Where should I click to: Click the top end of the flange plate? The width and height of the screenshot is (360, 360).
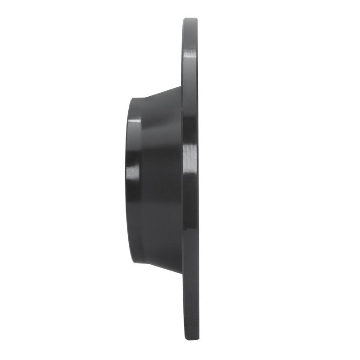point(190,19)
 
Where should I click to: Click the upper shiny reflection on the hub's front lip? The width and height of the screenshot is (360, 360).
point(133,122)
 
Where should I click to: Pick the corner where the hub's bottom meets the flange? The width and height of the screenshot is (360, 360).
point(182,273)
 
